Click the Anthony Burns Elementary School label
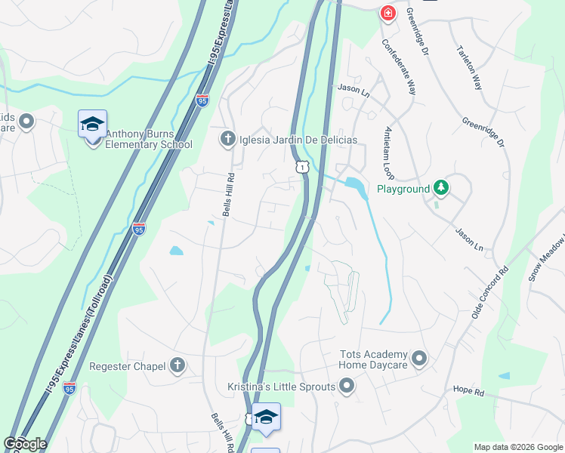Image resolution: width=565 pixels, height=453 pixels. pyautogui.click(x=150, y=139)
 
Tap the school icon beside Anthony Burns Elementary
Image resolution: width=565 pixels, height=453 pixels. pyautogui.click(x=92, y=124)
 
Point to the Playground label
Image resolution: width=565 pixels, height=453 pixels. pyautogui.click(x=403, y=189)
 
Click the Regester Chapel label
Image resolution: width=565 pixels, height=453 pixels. pyautogui.click(x=128, y=366)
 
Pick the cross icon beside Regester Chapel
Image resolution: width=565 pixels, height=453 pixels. pyautogui.click(x=178, y=366)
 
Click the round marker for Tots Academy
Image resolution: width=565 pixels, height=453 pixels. pyautogui.click(x=420, y=357)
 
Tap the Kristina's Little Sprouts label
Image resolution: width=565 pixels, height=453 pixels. pyautogui.click(x=282, y=387)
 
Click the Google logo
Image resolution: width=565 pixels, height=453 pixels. pyautogui.click(x=25, y=444)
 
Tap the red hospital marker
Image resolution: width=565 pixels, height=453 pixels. pyautogui.click(x=387, y=13)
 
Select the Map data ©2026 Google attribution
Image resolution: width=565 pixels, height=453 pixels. pyautogui.click(x=518, y=447)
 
